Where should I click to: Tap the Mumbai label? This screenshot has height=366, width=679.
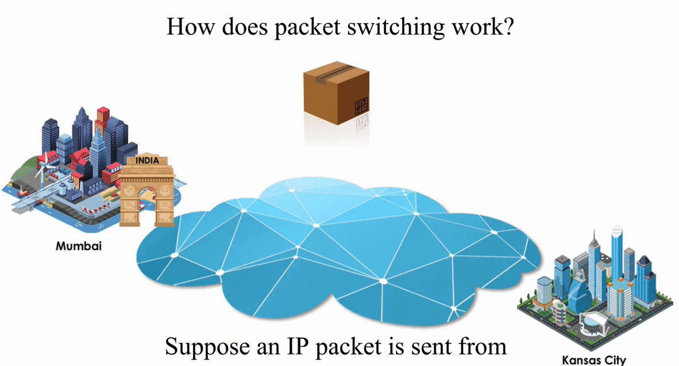79,246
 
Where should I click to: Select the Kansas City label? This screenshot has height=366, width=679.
593,360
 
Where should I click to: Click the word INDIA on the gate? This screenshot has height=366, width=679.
147,161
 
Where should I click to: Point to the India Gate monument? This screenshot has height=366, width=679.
147,192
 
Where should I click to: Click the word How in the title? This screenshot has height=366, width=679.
187,27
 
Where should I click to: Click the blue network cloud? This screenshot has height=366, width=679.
339,252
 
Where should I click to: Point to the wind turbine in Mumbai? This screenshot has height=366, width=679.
41,166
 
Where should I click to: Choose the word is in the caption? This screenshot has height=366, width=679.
396,346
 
